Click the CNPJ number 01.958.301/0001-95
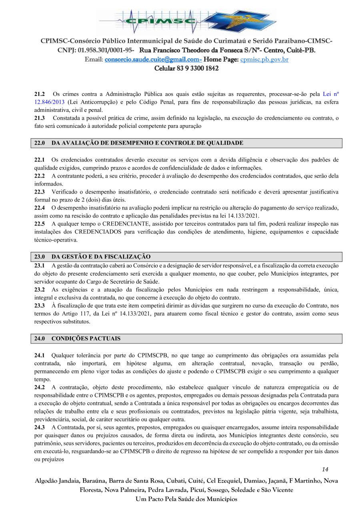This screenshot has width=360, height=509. pyautogui.click(x=106, y=50)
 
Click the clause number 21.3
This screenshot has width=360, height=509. pyautogui.click(x=39, y=118)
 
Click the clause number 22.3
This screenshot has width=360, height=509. pyautogui.click(x=39, y=192)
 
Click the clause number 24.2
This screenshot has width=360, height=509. pyautogui.click(x=39, y=387)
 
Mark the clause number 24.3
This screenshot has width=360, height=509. pyautogui.click(x=39, y=427)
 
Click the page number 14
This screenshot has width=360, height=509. pyautogui.click(x=325, y=469)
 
